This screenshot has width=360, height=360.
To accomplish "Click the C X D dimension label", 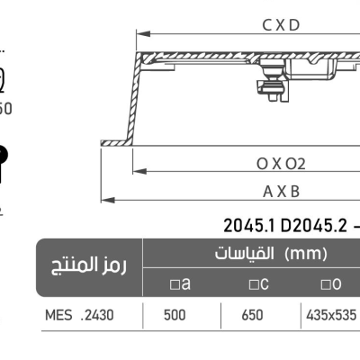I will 281,25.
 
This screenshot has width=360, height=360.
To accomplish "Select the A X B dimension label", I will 281,191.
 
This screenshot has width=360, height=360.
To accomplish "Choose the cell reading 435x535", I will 331,316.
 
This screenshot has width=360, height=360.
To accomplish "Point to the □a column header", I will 181,284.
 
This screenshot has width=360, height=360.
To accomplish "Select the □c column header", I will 259,284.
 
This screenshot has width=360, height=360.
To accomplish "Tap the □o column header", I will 331,284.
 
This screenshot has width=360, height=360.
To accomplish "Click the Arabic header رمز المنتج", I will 88,267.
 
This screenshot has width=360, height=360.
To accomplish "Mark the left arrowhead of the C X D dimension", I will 139,34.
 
